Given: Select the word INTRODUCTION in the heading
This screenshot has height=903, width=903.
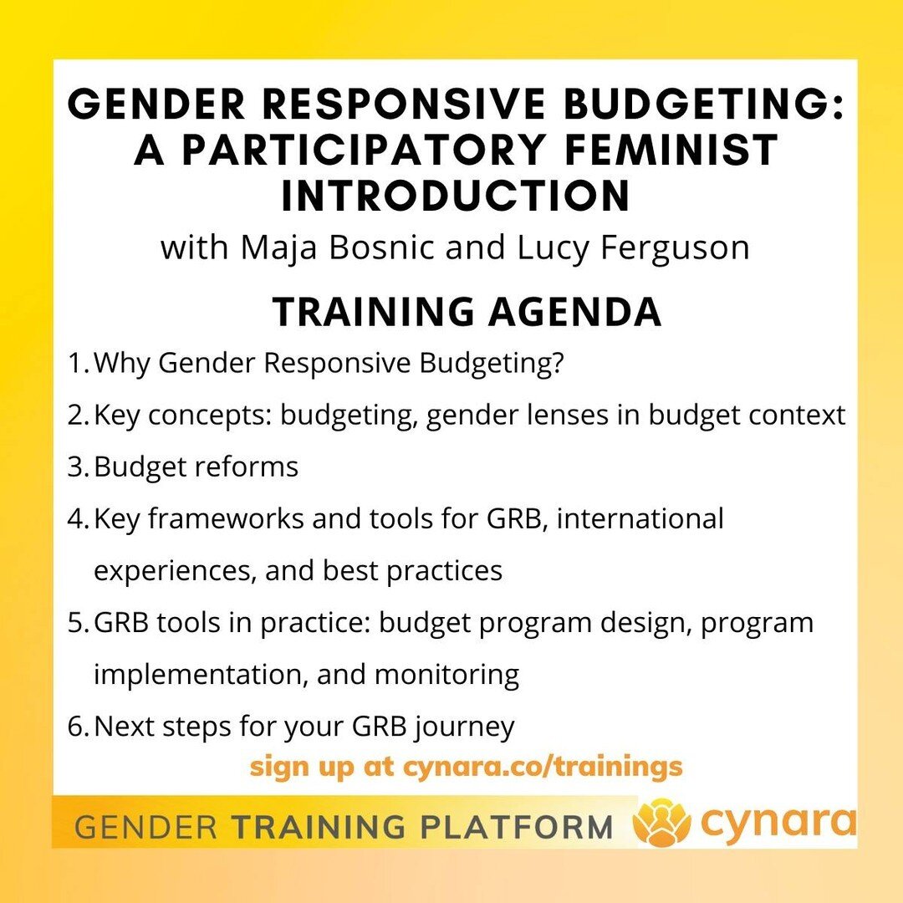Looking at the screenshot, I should (455, 195).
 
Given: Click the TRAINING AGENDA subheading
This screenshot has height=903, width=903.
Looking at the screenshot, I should (467, 312).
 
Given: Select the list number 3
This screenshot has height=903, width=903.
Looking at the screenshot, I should (79, 467).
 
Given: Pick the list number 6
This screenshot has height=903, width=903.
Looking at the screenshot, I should (79, 726).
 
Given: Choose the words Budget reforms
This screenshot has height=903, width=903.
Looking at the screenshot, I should (196, 467).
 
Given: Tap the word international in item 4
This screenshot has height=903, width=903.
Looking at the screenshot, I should (640, 518).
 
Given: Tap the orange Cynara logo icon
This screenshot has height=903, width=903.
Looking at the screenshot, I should (661, 823).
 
